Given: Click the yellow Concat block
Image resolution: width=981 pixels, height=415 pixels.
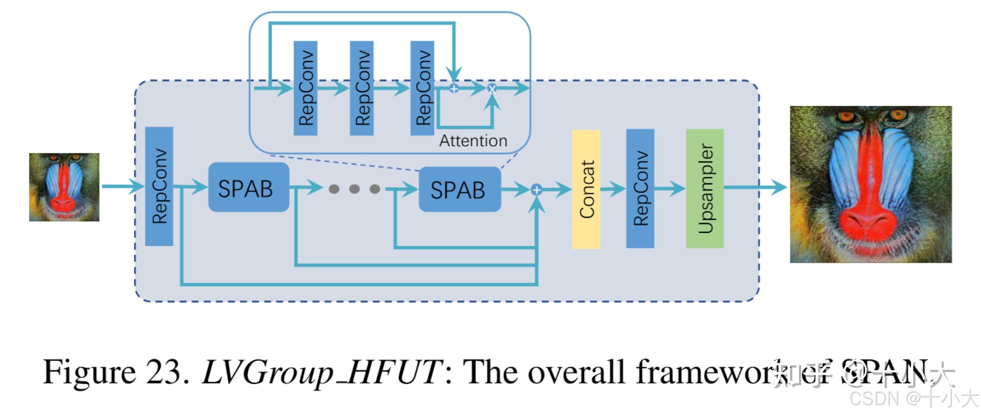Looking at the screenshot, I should (x=586, y=190).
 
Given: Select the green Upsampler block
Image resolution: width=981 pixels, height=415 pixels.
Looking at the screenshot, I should (x=705, y=189).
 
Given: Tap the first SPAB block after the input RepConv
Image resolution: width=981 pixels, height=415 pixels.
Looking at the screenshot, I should (x=248, y=187).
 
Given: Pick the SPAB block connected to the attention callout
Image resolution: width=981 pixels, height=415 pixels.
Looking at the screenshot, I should (x=459, y=190).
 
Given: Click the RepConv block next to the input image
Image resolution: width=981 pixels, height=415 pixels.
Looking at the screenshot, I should (x=159, y=186).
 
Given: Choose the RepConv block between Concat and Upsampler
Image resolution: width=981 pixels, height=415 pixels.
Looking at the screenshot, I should (x=640, y=189).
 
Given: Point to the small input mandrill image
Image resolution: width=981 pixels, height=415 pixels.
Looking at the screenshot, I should (x=64, y=187).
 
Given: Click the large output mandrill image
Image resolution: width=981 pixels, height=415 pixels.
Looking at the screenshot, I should (x=871, y=184).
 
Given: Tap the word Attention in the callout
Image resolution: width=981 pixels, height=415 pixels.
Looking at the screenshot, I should (x=473, y=141).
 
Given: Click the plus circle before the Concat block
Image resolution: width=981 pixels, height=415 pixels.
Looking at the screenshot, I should (x=537, y=190).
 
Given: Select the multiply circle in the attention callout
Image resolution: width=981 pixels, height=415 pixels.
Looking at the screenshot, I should (x=492, y=89).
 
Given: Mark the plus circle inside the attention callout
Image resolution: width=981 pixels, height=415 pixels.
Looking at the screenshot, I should (x=454, y=89).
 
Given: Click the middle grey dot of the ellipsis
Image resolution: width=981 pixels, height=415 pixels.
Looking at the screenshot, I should (x=354, y=189).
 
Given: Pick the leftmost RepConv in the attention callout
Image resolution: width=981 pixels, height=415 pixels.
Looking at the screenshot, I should (x=305, y=88).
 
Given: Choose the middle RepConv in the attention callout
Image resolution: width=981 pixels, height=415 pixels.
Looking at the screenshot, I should (x=362, y=88).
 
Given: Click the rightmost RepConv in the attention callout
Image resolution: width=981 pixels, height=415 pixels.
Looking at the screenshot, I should (x=422, y=88).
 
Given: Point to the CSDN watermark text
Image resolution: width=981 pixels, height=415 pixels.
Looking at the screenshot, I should (x=876, y=399).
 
